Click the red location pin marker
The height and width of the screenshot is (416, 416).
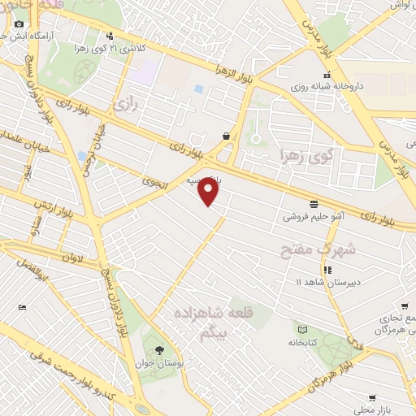point(210,192)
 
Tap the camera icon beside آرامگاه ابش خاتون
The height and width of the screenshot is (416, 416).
point(18,24)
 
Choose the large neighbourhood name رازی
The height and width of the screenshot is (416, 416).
point(123,104)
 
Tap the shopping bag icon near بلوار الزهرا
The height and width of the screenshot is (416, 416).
point(225,136)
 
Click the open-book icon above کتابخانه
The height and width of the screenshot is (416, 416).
point(303,330)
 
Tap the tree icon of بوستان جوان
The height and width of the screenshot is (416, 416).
point(171,349)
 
